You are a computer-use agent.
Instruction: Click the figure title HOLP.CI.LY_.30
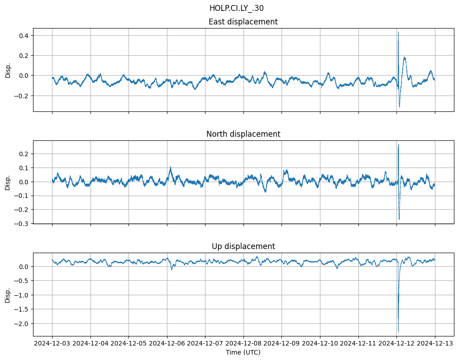[236, 8]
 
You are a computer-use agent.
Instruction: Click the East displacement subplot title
[243, 22]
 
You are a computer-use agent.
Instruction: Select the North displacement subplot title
[243, 134]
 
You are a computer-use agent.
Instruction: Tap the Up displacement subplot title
[243, 246]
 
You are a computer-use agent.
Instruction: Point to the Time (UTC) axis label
[243, 352]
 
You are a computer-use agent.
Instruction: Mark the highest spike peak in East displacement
[398, 32]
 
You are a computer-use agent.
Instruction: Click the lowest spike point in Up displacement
[398, 332]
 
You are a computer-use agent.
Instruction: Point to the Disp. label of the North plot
[8, 182]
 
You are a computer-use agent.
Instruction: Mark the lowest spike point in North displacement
[399, 220]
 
